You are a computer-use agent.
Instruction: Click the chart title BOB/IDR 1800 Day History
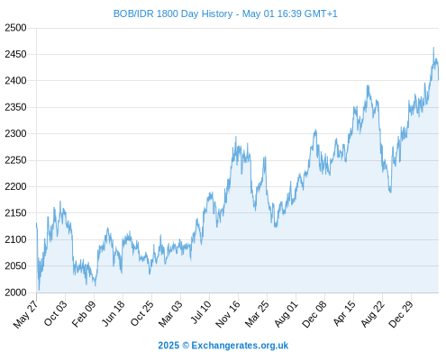coord(173,13)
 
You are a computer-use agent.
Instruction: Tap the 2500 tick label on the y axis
coord(15,28)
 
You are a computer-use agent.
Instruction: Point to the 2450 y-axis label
coord(15,54)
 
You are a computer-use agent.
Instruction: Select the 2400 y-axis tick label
coord(15,81)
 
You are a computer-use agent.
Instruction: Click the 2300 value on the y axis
coord(15,133)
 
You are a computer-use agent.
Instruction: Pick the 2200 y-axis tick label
coord(15,186)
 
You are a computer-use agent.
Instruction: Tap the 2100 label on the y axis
coord(15,239)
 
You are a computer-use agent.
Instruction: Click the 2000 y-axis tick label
coord(15,292)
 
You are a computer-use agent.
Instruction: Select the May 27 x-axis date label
coord(26,314)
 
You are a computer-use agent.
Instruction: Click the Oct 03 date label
coord(56,313)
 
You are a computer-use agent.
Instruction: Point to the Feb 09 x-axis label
coord(84,313)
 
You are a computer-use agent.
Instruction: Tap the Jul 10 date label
coord(201,312)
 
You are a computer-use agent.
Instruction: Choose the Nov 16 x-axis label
coord(228,314)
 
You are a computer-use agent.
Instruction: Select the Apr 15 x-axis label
coord(344,313)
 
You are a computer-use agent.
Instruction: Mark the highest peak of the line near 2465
coord(433,48)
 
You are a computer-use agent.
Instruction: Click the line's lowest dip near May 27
coord(39,290)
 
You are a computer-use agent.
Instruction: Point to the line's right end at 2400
coord(438,80)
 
